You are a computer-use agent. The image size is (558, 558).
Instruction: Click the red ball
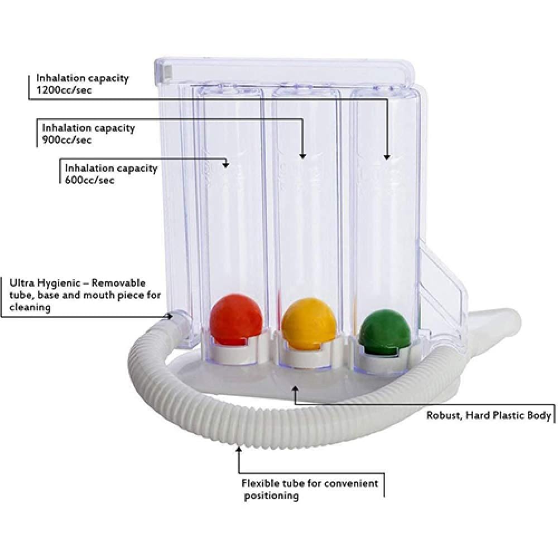(237, 320)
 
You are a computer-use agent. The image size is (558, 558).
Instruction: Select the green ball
(384, 332)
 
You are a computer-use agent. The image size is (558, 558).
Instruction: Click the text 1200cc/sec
(64, 90)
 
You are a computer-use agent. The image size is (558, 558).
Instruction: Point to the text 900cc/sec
(67, 139)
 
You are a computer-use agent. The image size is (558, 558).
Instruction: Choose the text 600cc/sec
(89, 180)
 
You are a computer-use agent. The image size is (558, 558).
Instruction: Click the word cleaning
(30, 307)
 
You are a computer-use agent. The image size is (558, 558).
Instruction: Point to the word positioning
(271, 496)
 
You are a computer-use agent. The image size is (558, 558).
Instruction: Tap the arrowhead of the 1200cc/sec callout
(387, 157)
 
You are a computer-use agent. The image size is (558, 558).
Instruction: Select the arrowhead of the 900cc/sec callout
(302, 156)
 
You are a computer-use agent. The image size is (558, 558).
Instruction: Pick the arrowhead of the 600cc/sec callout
(225, 165)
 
